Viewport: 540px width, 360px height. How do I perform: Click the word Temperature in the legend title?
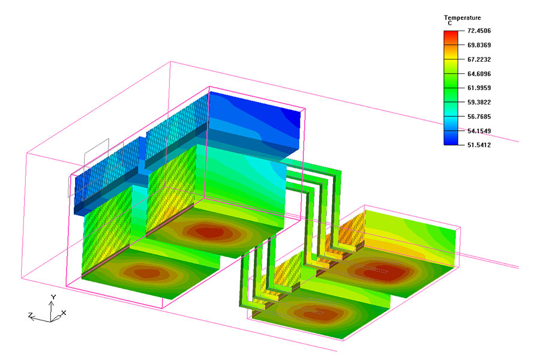tap(462, 17)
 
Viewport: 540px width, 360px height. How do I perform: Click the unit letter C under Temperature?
tap(450, 23)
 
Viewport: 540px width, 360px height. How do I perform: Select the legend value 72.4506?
tap(479, 31)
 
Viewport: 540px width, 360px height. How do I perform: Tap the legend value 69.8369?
tap(479, 45)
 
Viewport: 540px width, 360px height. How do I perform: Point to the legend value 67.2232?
tap(479, 59)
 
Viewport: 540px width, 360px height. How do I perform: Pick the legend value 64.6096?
tap(479, 74)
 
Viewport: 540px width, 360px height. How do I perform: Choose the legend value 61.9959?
tap(479, 88)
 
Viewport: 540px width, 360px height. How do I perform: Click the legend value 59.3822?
tap(479, 103)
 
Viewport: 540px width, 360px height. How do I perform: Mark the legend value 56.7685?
tap(479, 117)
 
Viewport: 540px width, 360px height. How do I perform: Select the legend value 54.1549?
tap(479, 131)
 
